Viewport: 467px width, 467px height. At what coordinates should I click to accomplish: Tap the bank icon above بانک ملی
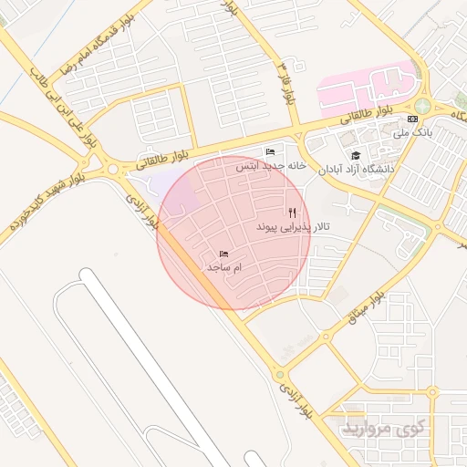coord(413,119)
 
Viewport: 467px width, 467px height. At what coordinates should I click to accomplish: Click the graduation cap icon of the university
coord(356,156)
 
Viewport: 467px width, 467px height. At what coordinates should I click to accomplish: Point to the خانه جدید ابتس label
coord(269,166)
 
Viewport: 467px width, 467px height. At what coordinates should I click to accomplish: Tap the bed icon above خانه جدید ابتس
coord(269,151)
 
